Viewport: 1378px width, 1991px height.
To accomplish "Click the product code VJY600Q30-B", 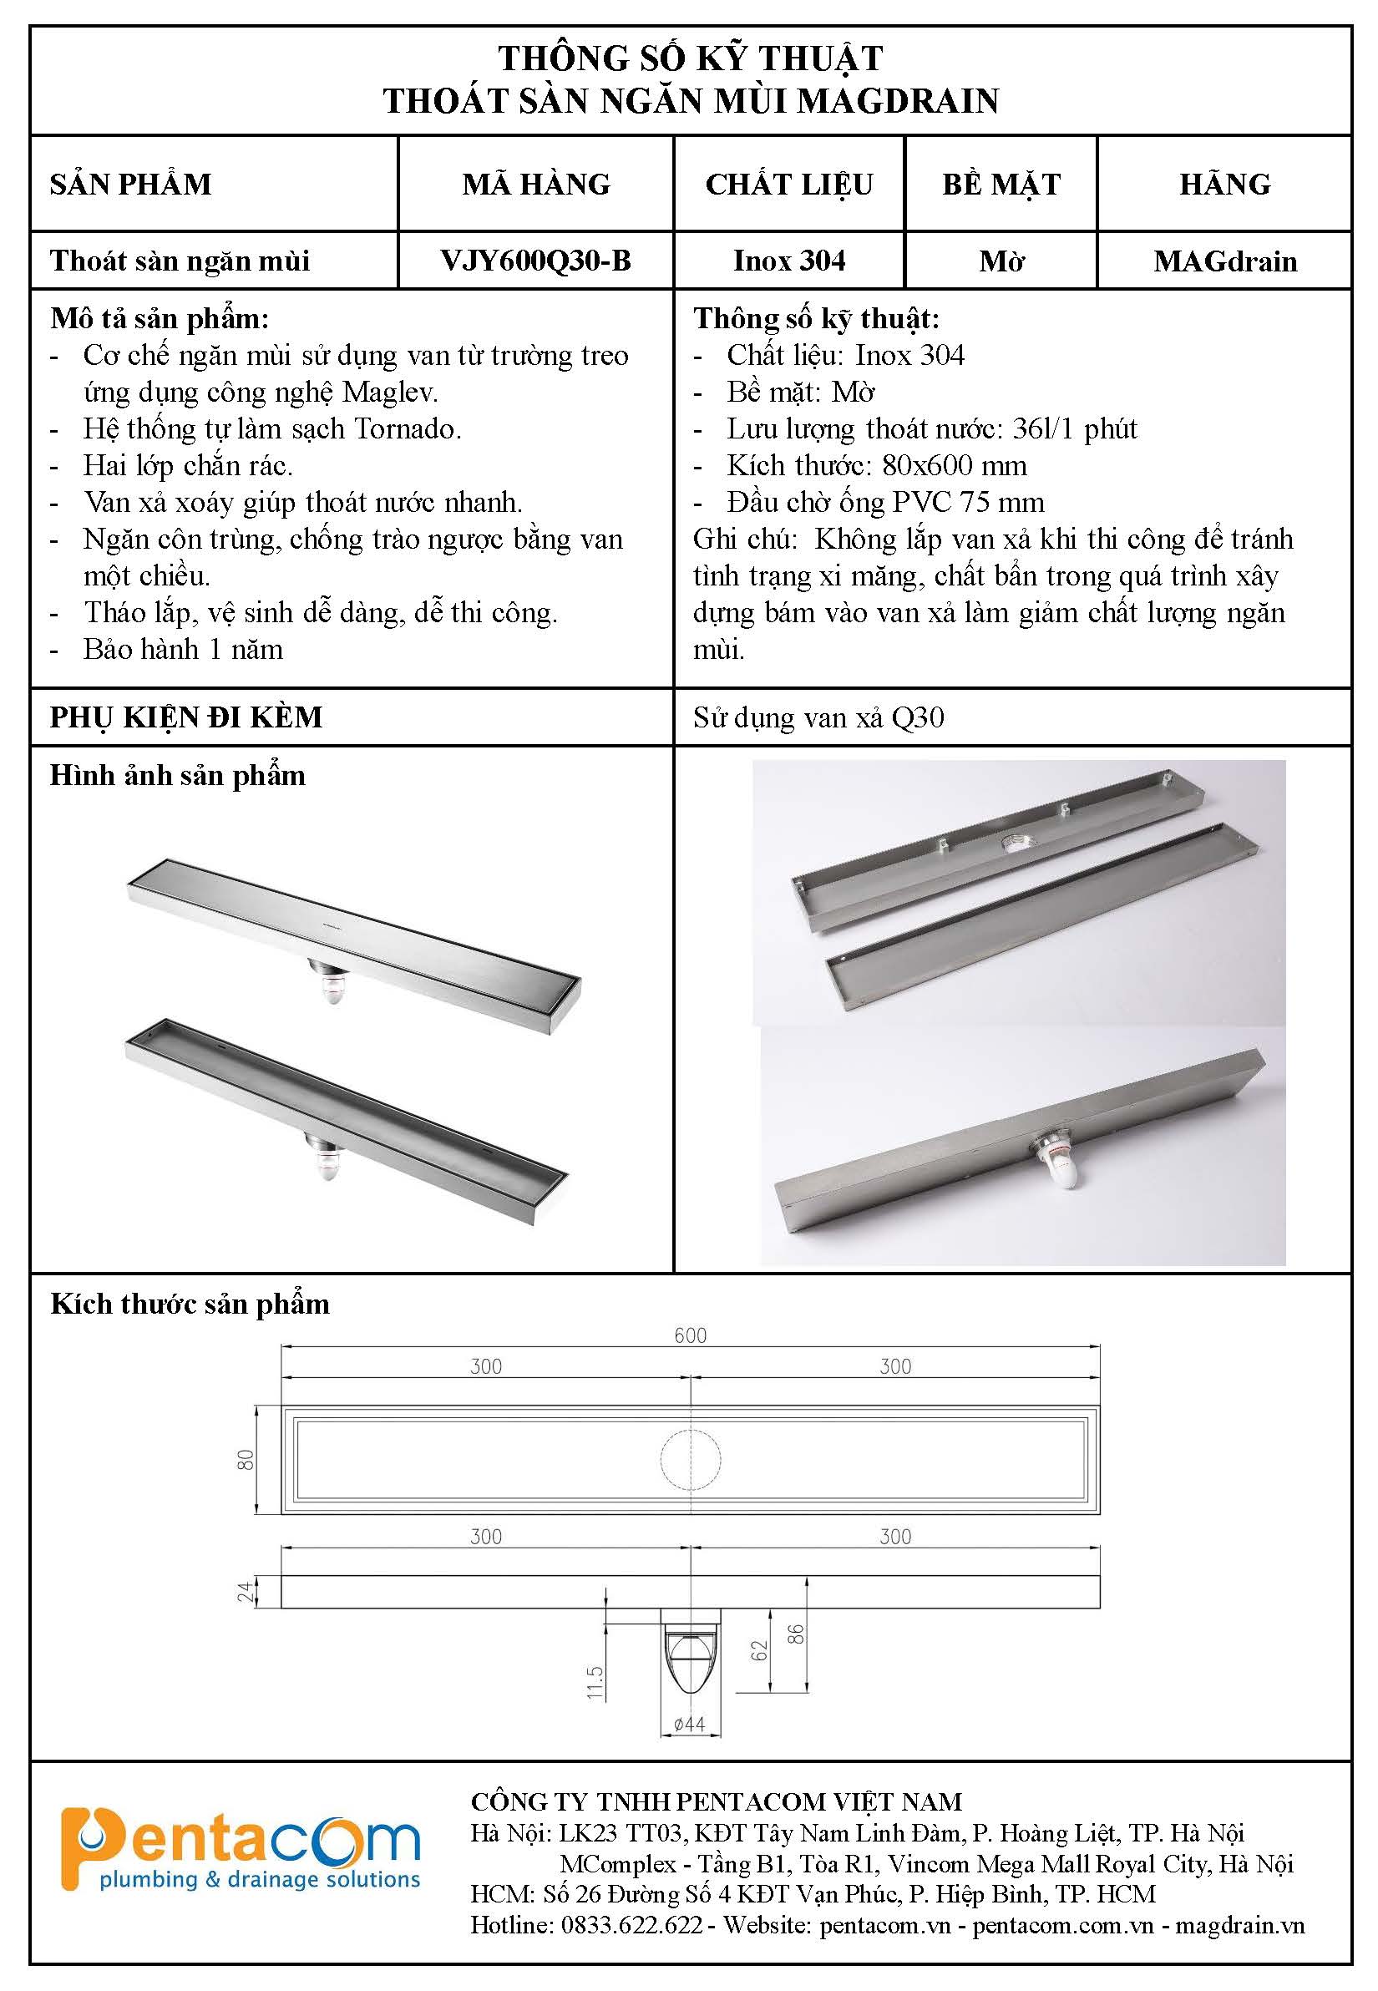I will [535, 261].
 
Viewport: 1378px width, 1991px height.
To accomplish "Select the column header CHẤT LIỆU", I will [788, 184].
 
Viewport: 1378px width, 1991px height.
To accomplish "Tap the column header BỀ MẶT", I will [1001, 184].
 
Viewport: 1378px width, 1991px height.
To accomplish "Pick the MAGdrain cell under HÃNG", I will [1224, 261].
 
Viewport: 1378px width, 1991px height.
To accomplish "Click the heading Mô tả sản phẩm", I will [160, 318].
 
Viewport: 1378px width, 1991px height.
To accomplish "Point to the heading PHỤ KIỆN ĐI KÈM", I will [185, 717].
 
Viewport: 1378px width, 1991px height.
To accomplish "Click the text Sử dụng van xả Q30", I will [818, 717].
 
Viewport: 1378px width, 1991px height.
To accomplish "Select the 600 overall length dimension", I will [690, 1335].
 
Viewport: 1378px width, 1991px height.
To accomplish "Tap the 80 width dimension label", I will [246, 1459].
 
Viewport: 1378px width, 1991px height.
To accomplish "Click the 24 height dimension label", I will [246, 1591].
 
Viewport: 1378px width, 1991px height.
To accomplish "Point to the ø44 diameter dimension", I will [689, 1725].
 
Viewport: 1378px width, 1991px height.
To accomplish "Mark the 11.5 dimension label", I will [595, 1683].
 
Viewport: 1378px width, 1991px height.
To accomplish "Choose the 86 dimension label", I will [796, 1634].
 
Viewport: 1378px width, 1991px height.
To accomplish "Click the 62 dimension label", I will [759, 1650].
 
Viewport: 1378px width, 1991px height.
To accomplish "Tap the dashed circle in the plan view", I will [690, 1459].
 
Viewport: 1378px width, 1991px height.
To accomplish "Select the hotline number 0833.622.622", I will [631, 1924].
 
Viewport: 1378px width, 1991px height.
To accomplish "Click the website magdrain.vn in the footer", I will [1240, 1924].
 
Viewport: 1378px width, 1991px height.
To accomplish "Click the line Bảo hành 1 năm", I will [183, 649].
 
